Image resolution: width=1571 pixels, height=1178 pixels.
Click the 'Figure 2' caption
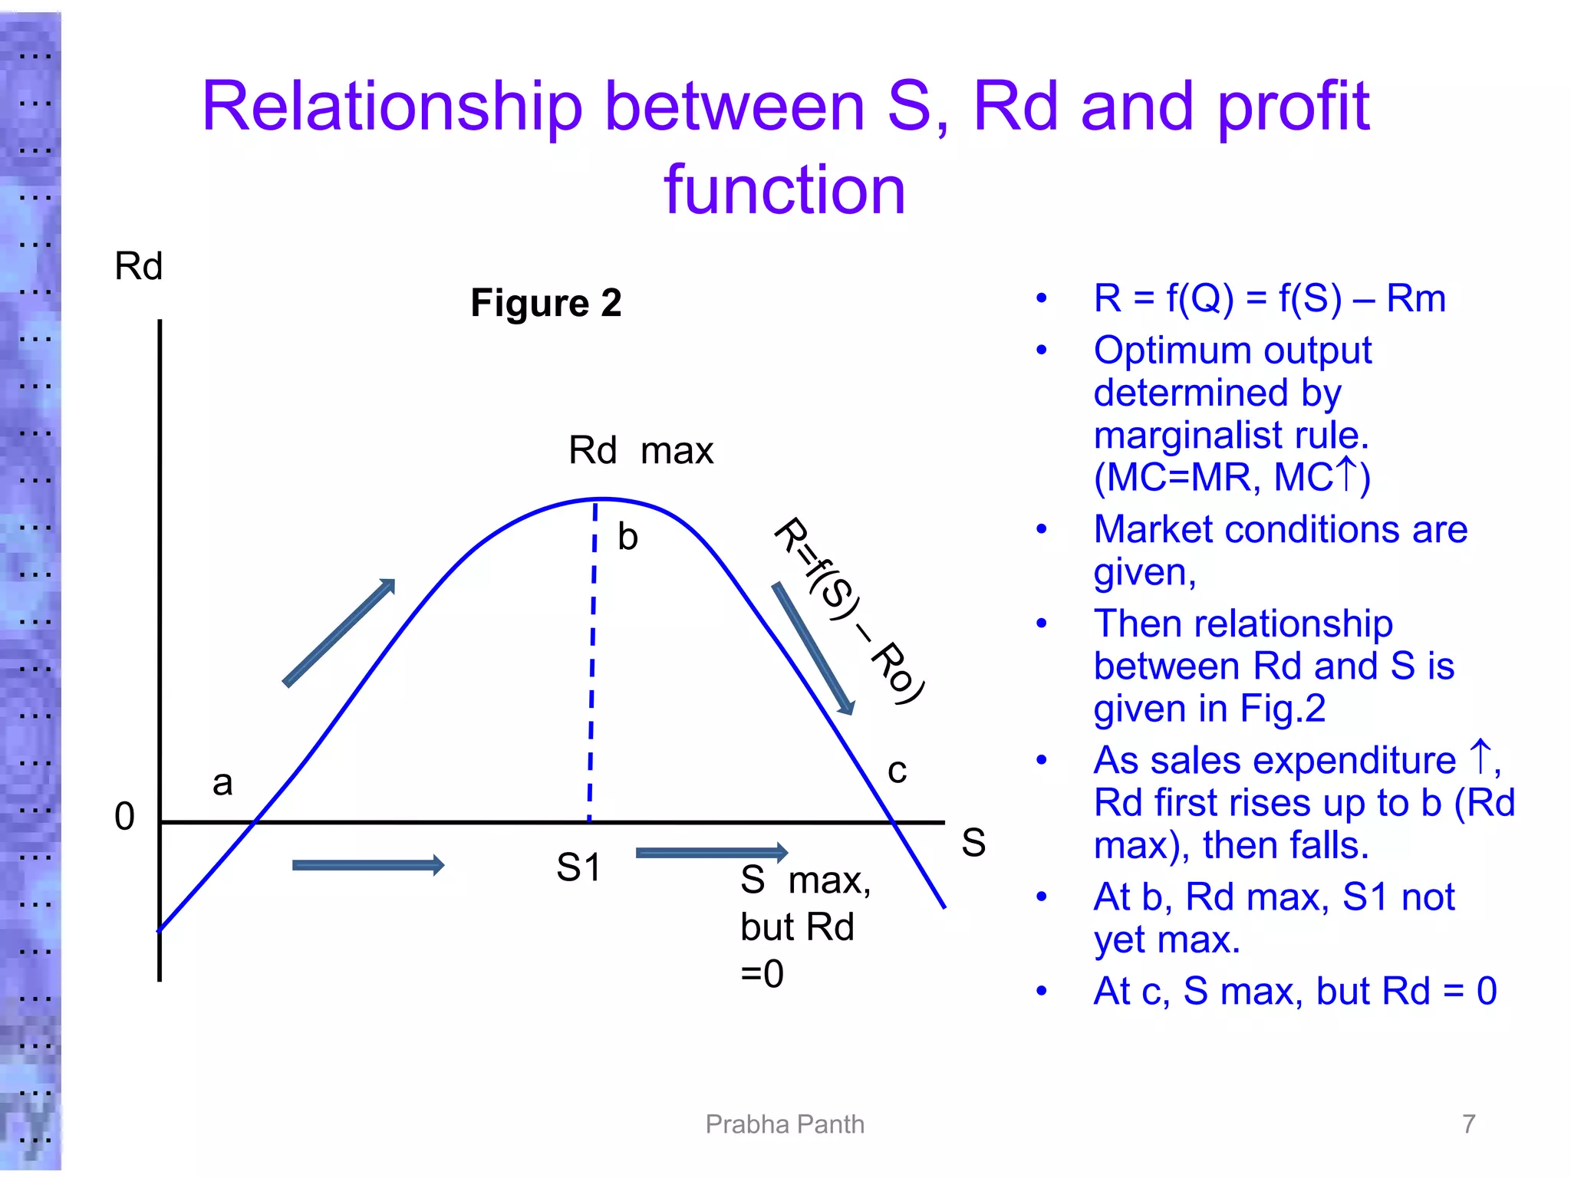[545, 303]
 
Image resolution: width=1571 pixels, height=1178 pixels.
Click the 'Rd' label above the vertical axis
[138, 267]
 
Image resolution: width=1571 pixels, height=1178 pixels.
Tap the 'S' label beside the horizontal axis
[973, 843]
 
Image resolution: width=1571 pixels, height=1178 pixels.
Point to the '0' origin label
[124, 817]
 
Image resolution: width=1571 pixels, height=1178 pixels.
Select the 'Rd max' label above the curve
[641, 450]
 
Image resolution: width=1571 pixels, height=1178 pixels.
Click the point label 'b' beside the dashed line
[627, 537]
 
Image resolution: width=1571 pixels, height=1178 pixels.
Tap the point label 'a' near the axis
[222, 783]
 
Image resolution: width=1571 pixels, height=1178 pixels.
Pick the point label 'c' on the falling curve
[897, 770]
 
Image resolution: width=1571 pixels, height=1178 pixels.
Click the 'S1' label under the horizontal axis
[579, 868]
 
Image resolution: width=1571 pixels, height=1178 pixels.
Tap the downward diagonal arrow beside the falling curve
[813, 649]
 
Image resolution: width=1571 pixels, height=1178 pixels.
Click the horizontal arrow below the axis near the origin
[368, 866]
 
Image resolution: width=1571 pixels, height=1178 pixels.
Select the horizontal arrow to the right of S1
[712, 853]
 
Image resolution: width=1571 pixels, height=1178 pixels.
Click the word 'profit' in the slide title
[1293, 107]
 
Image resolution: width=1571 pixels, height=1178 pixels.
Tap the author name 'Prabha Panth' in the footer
[785, 1124]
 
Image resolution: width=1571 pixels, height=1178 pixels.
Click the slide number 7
[1468, 1124]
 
